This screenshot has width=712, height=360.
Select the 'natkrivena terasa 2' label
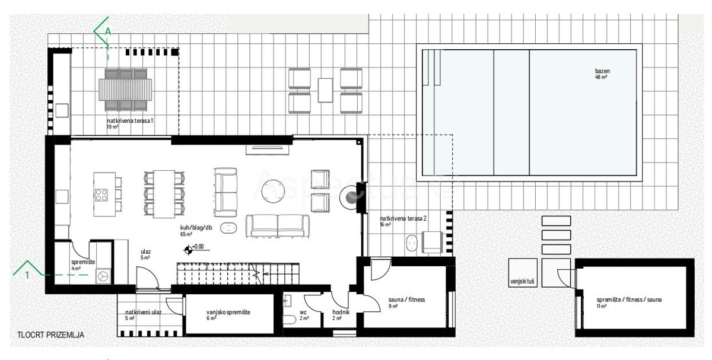[403, 218]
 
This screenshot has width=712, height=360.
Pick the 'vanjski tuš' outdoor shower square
[523, 281]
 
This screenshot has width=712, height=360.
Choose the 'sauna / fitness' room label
[406, 300]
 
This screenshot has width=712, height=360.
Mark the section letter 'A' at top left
[107, 30]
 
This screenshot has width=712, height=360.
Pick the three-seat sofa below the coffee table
[278, 225]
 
